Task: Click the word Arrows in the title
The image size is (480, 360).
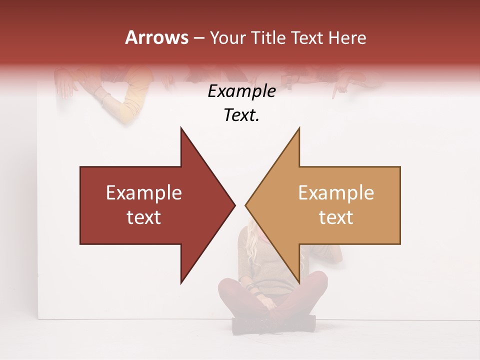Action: click(x=157, y=37)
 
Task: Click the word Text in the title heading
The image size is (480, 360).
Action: click(x=306, y=37)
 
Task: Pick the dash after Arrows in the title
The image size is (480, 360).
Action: click(x=199, y=38)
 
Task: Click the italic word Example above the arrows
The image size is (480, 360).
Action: click(x=242, y=91)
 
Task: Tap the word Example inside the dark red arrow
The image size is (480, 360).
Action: click(x=144, y=193)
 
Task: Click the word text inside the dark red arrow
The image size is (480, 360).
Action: click(x=144, y=217)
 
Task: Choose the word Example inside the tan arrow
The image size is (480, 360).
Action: click(x=336, y=193)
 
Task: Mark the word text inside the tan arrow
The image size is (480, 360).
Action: click(x=336, y=217)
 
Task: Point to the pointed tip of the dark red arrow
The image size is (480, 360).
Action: click(x=235, y=205)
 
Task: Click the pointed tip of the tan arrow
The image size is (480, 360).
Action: click(x=245, y=205)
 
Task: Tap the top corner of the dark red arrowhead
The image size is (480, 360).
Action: click(x=181, y=128)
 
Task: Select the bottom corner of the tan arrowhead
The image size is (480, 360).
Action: click(x=299, y=282)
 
